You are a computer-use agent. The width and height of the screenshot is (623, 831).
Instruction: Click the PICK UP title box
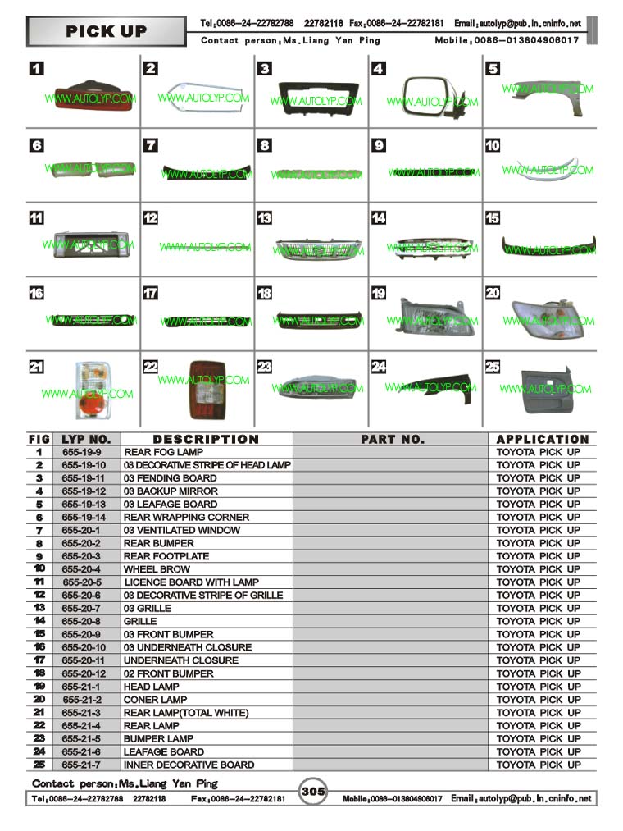point(107,32)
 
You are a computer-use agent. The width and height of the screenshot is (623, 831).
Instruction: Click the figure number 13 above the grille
point(265,218)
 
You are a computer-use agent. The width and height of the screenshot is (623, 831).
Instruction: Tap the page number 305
point(313,792)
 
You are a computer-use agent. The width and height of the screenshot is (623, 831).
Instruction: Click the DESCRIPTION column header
point(206,440)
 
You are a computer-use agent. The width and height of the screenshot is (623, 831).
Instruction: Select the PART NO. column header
point(393,440)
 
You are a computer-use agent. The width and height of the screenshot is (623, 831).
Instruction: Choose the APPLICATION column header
point(542,440)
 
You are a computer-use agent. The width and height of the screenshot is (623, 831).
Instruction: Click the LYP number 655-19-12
point(84,491)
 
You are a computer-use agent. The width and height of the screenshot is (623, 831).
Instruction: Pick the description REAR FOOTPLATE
point(166,556)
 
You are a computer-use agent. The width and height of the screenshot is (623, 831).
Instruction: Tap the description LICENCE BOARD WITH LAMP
point(191,582)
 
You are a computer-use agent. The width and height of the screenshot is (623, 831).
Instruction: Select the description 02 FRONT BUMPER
point(168,673)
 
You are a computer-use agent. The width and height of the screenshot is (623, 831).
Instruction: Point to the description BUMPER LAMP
point(158,738)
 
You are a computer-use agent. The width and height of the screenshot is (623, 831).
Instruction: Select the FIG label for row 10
point(39,568)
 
